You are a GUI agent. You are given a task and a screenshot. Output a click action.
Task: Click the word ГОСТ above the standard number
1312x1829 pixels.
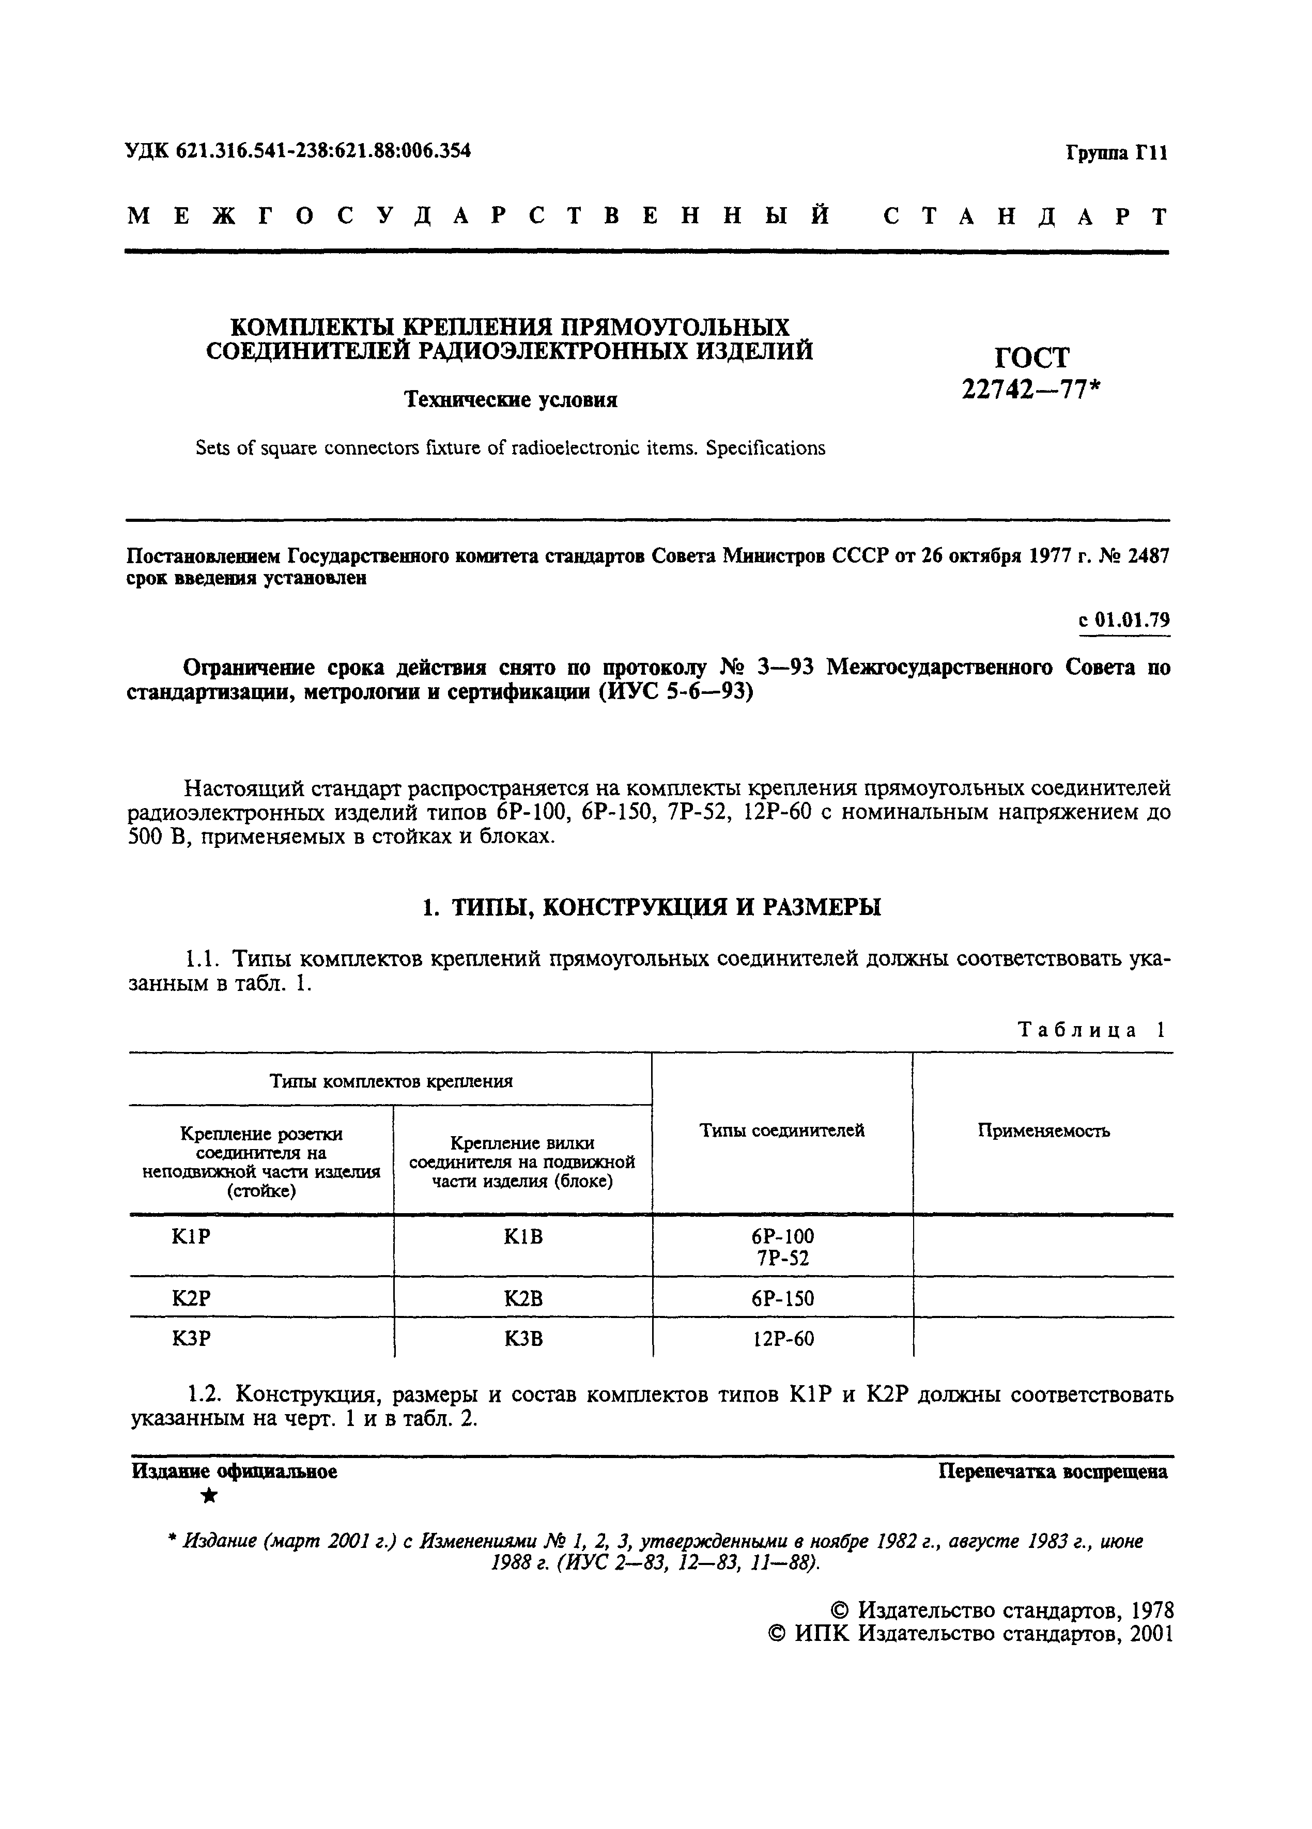(1031, 357)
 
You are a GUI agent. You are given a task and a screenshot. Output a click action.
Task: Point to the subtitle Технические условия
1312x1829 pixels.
(511, 400)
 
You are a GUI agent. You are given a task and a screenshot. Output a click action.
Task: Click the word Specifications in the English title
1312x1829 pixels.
(765, 448)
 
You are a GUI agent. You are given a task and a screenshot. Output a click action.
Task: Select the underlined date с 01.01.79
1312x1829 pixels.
(1124, 620)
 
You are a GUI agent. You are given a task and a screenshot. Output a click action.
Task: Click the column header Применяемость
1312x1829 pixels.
(1043, 1130)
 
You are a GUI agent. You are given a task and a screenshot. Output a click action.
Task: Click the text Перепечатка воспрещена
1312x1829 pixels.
(1053, 1472)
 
